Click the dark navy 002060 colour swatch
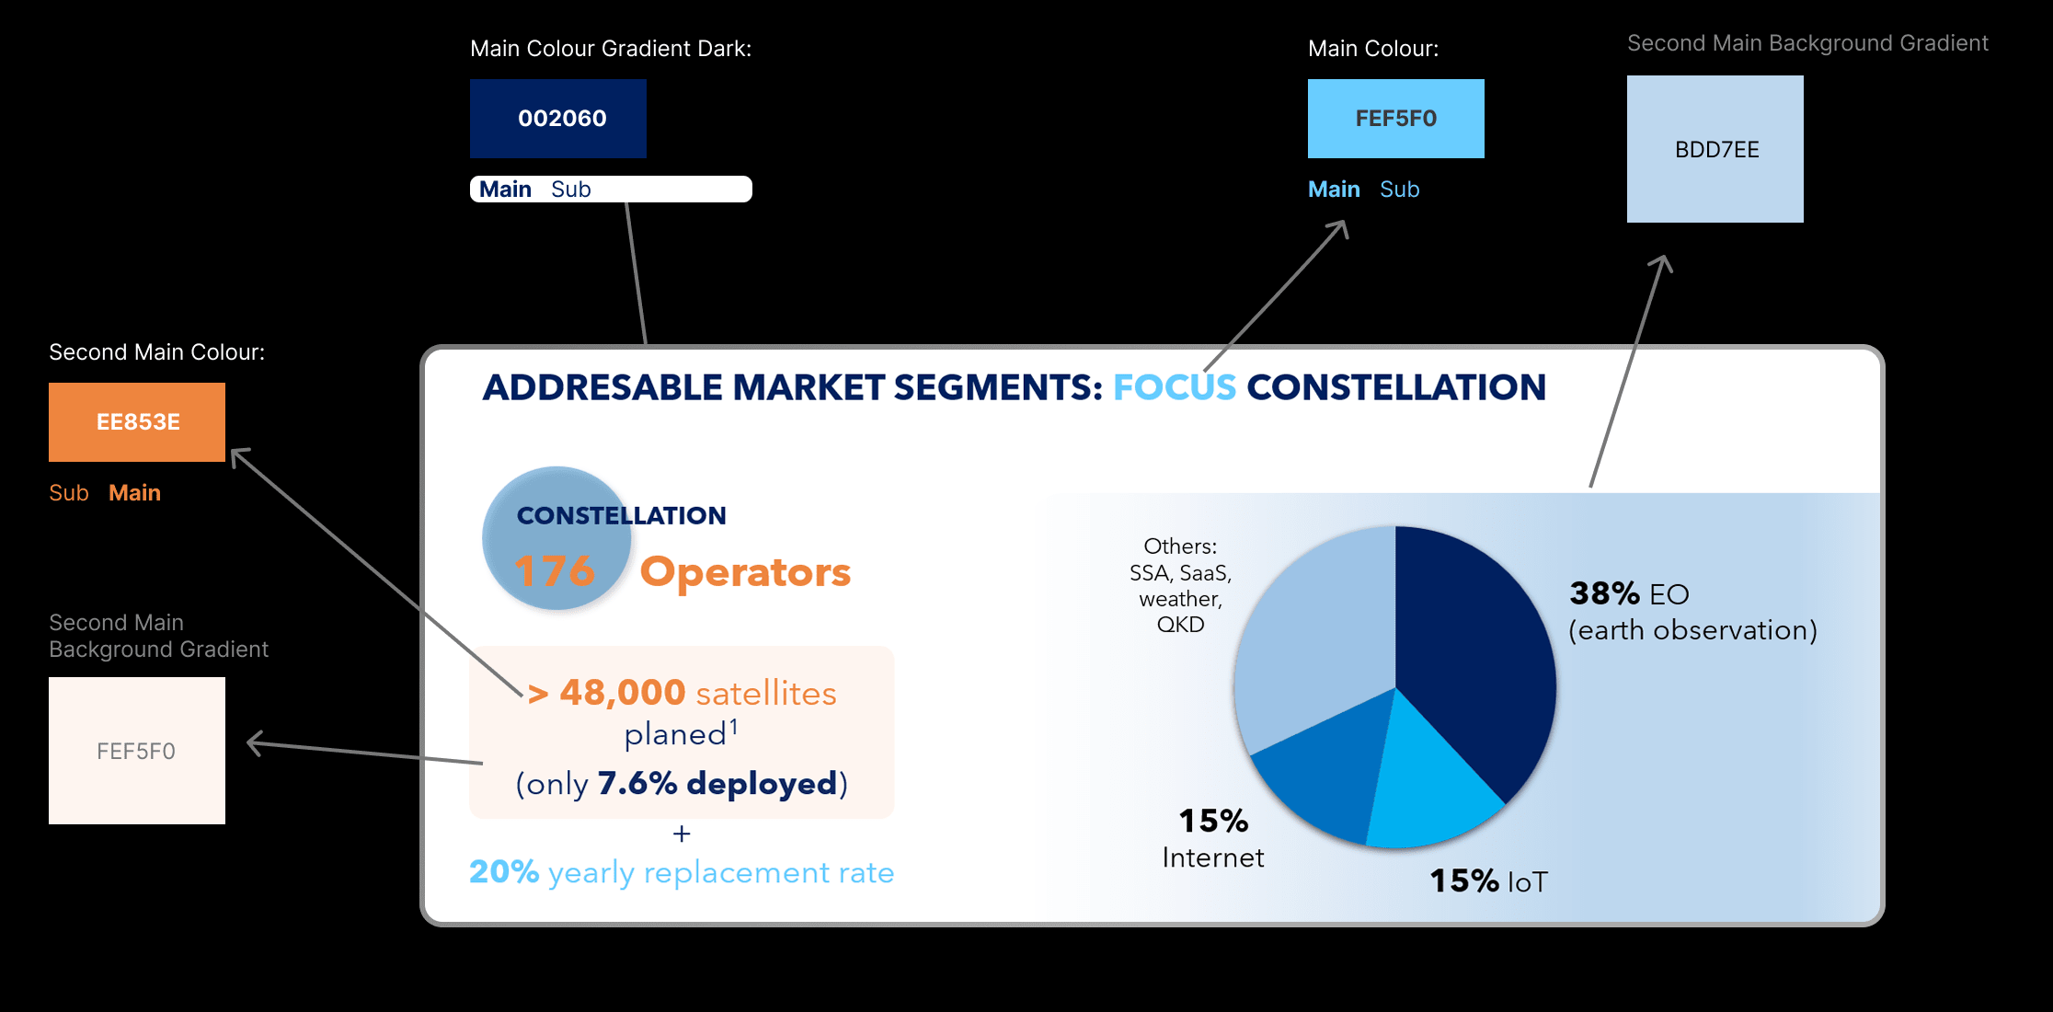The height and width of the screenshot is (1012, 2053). click(558, 119)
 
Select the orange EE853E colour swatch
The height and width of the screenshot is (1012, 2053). click(137, 422)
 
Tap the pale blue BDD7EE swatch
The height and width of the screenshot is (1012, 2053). click(1715, 149)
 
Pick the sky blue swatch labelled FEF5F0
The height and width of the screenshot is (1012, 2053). click(1396, 119)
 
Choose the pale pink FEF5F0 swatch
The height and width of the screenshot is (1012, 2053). click(137, 751)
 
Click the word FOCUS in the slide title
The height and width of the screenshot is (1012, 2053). click(1175, 387)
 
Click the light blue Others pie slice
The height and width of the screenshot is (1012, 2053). click(1315, 635)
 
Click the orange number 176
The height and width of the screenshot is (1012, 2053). click(555, 571)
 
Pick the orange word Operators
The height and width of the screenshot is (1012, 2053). click(745, 572)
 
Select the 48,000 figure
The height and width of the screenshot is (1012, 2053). click(623, 693)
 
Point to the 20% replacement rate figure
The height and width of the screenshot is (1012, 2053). click(504, 871)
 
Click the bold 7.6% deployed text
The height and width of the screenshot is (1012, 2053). click(717, 783)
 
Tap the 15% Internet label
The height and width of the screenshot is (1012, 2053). click(1213, 838)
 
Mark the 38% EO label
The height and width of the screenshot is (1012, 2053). click(1629, 593)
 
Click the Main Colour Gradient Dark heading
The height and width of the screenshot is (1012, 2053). click(611, 49)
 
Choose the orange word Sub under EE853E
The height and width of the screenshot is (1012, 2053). click(69, 493)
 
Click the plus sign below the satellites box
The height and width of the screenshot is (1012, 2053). click(682, 834)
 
